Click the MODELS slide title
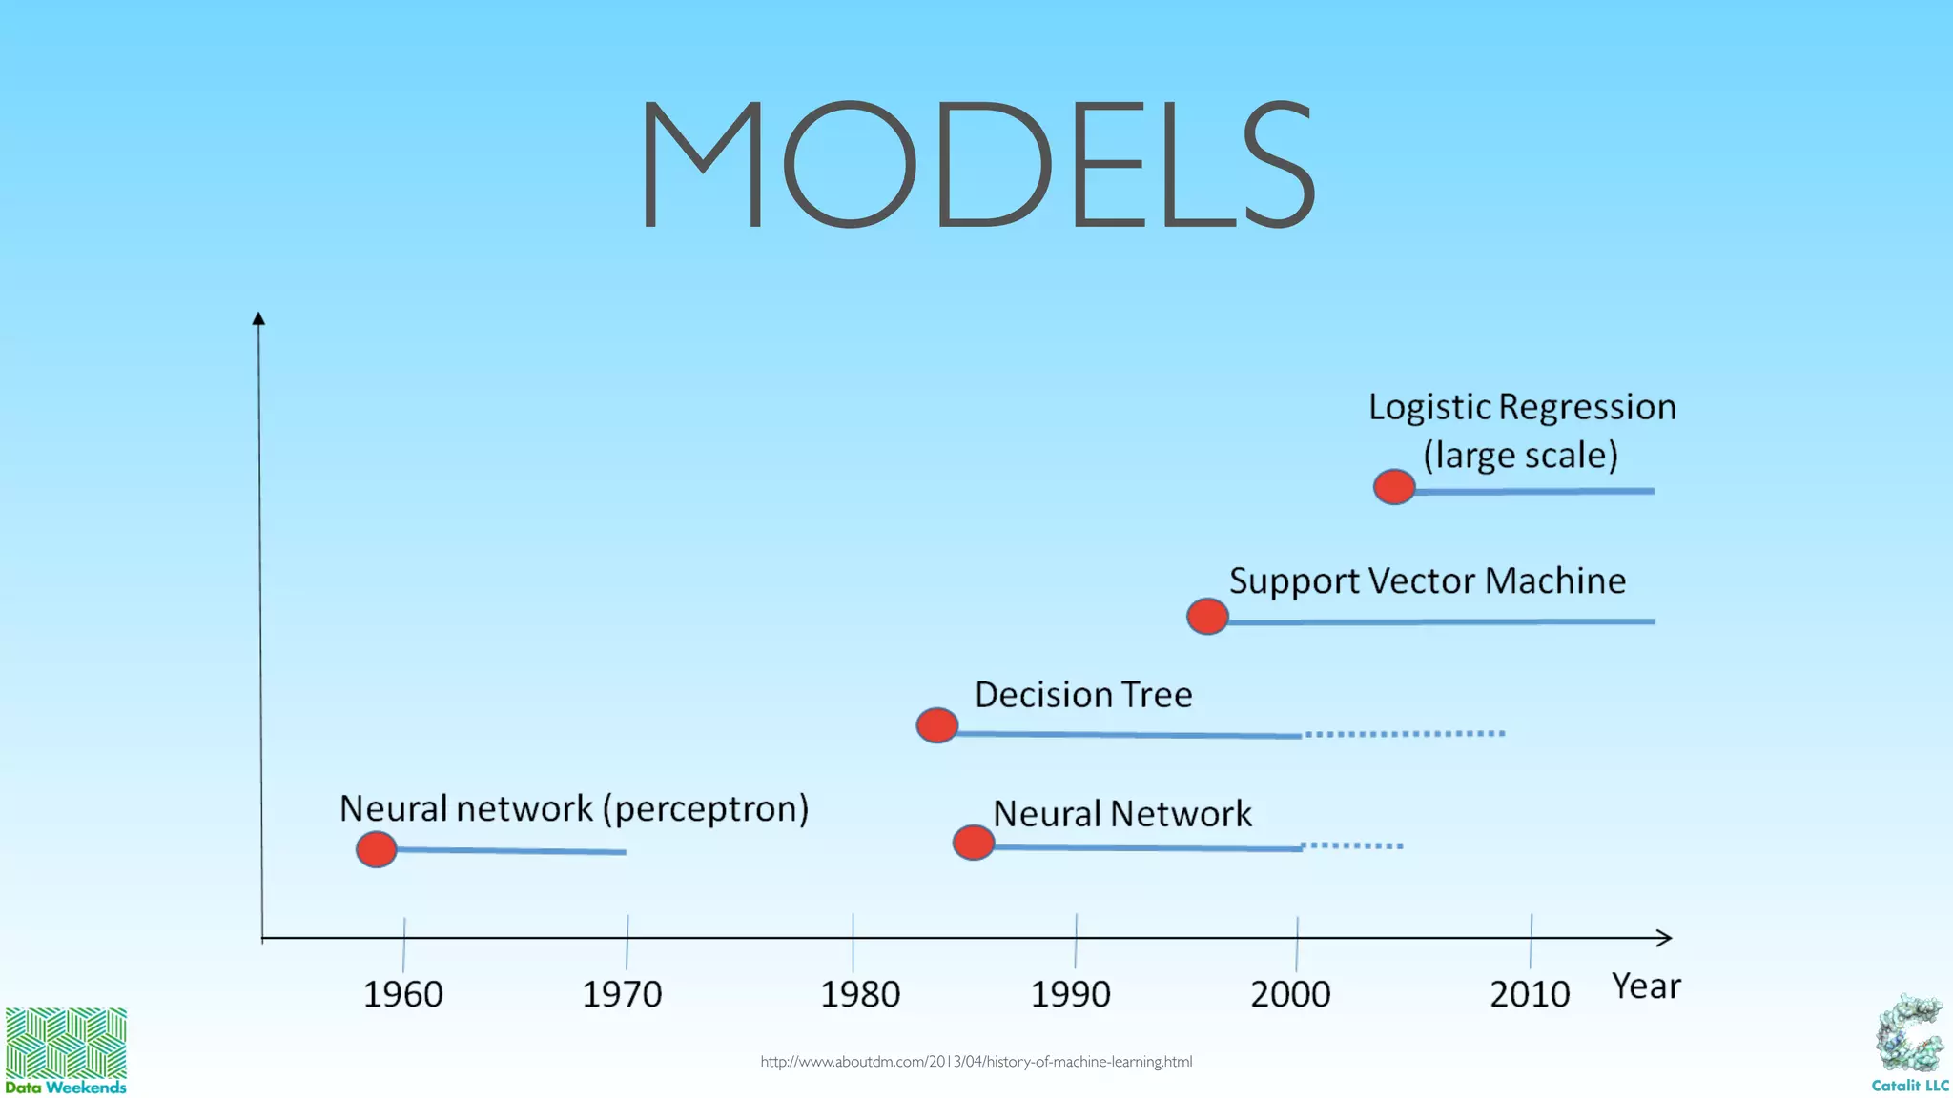tap(977, 165)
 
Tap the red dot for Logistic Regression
tap(1394, 487)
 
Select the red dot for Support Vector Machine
tap(1207, 617)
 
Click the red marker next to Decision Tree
tap(936, 725)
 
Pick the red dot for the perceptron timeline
tap(376, 848)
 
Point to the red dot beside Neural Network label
tap(974, 843)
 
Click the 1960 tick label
tap(403, 995)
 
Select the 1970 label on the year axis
tap(622, 995)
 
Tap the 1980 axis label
tap(860, 995)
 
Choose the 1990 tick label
tap(1071, 995)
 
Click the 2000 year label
tap(1290, 995)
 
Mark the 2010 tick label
tap(1530, 995)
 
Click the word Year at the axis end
tap(1646, 986)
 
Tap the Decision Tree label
tap(1083, 695)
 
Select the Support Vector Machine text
tap(1427, 581)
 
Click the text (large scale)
tap(1521, 456)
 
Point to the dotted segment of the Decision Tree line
tap(1405, 733)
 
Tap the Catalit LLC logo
tap(1909, 1044)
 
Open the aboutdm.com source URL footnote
tap(976, 1062)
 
